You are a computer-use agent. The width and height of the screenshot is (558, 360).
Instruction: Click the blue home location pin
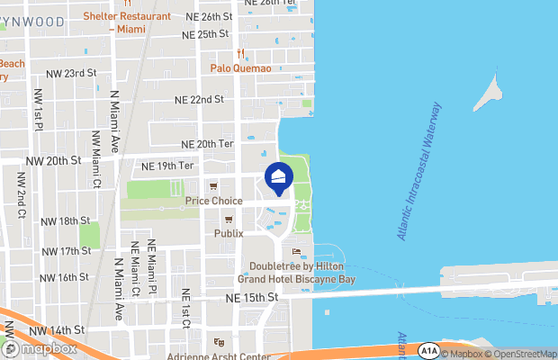pyautogui.click(x=278, y=178)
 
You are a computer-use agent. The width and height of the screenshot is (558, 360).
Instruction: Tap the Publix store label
pyautogui.click(x=229, y=233)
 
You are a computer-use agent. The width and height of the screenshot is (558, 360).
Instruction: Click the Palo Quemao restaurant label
pyautogui.click(x=240, y=67)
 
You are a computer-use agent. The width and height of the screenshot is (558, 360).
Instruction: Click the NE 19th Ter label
pyautogui.click(x=168, y=166)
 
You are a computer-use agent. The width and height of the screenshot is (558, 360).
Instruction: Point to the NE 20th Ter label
pyautogui.click(x=208, y=144)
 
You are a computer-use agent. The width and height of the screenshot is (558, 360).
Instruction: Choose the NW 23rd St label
pyautogui.click(x=67, y=73)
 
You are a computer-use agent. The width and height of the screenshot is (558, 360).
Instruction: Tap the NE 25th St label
pyautogui.click(x=206, y=34)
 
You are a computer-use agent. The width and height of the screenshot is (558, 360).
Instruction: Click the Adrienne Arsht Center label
pyautogui.click(x=218, y=356)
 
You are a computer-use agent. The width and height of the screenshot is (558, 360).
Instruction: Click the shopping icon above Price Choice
pyautogui.click(x=213, y=187)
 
